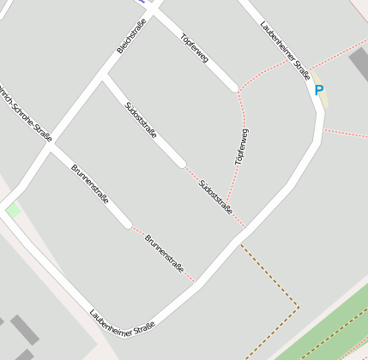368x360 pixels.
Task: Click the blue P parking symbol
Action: [x=319, y=90]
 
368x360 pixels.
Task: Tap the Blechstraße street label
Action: [x=131, y=35]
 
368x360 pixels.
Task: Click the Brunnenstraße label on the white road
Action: [x=90, y=184]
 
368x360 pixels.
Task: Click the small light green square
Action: [x=13, y=210]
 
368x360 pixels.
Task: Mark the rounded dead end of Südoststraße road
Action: [x=181, y=163]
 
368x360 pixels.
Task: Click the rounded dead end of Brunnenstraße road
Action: [x=128, y=225]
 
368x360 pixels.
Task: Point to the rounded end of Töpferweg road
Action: [x=234, y=87]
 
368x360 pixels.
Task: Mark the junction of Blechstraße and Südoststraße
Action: [x=105, y=77]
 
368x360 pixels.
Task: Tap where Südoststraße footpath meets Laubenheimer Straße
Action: [x=246, y=229]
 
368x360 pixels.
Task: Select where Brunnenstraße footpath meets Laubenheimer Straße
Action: [x=194, y=280]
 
